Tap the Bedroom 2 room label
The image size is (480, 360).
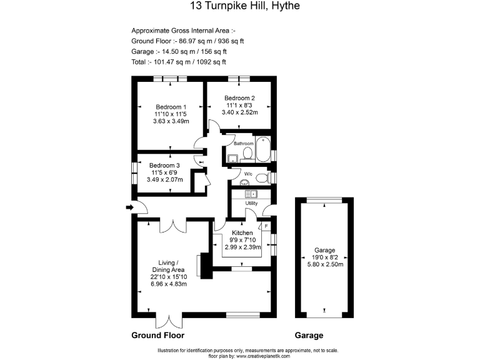[239, 97]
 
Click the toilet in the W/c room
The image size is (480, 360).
[263, 178]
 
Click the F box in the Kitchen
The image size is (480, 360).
[266, 226]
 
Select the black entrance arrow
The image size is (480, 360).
[129, 207]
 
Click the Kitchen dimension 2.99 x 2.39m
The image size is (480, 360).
[242, 247]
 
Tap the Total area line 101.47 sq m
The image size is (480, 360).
[179, 62]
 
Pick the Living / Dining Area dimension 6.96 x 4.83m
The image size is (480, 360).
[169, 284]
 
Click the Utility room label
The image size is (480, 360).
[251, 203]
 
